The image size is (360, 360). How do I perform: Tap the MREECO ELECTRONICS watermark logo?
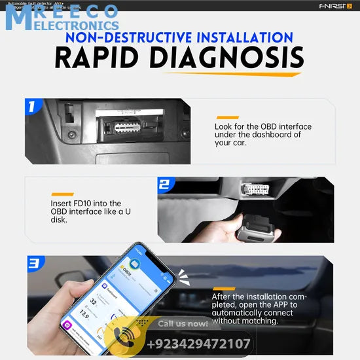coord(62,18)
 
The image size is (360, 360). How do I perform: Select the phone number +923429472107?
coord(199,344)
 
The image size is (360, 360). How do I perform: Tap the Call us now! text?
coord(183,323)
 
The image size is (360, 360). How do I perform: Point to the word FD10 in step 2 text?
coord(86,204)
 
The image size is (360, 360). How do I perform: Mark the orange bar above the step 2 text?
coord(62,194)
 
